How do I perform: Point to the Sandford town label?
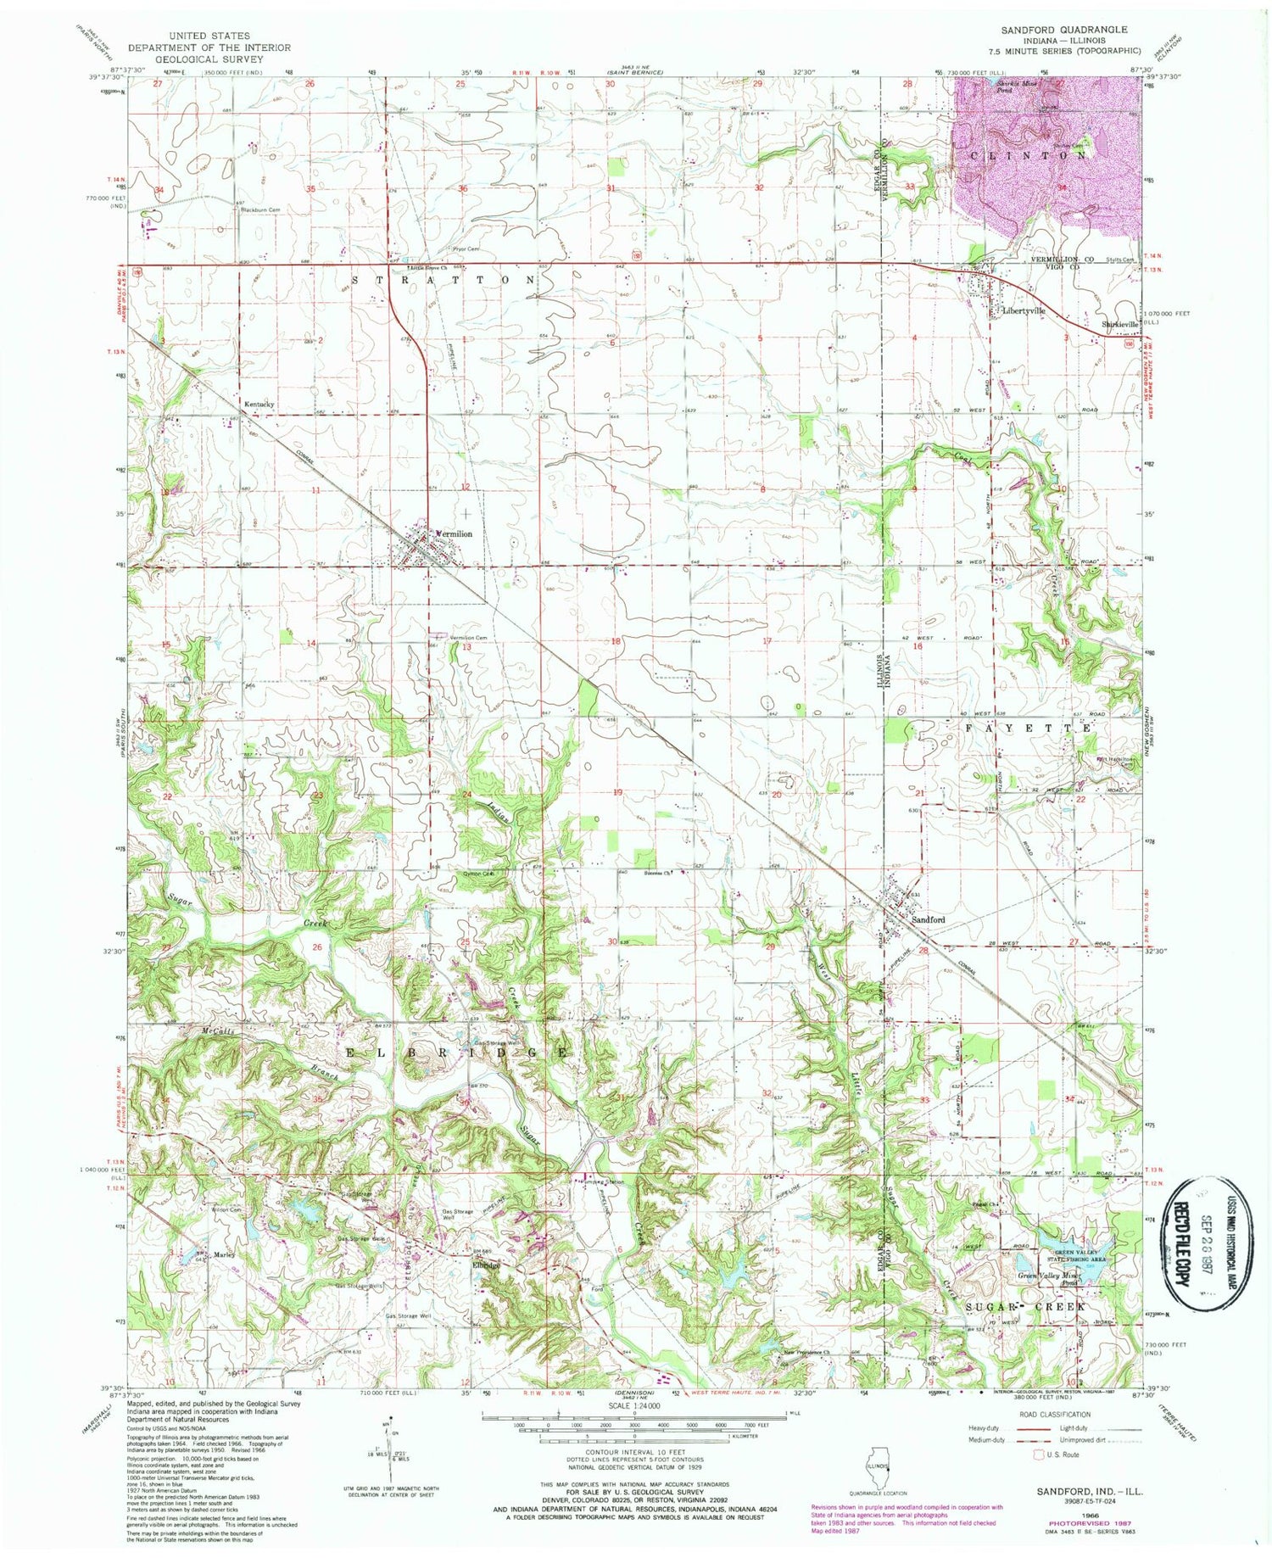coord(929,919)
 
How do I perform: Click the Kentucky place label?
coord(259,405)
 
